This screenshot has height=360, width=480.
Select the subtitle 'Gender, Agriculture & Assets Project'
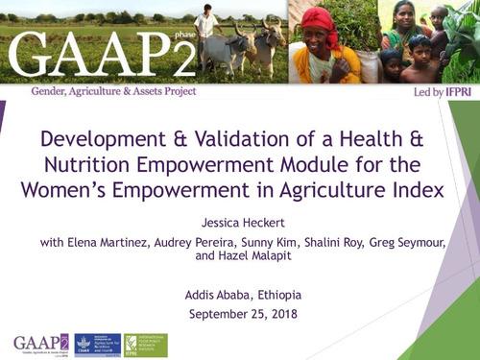point(113,91)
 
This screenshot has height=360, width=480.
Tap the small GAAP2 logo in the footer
point(41,344)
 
